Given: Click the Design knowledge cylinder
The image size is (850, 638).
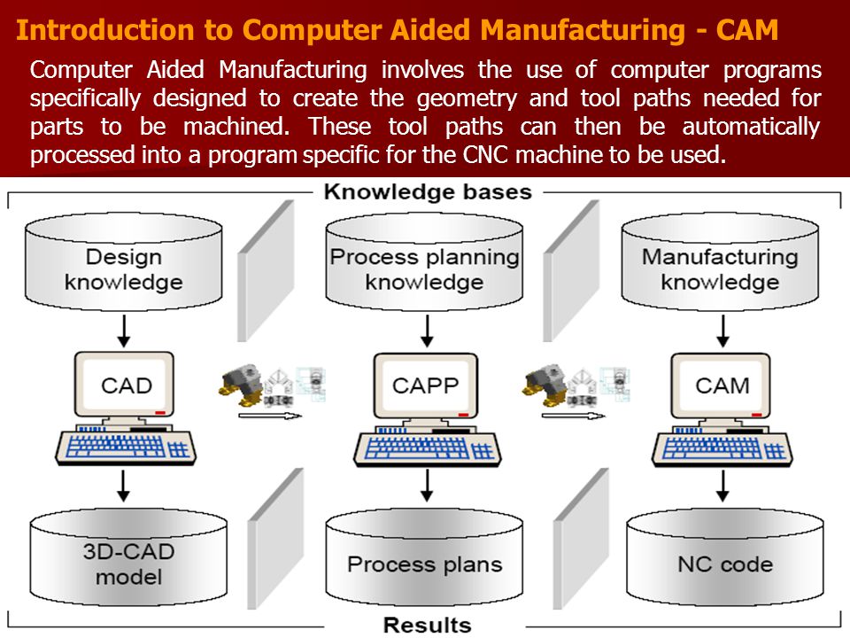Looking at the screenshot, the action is (124, 262).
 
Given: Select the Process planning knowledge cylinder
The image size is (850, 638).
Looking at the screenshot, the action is (424, 262).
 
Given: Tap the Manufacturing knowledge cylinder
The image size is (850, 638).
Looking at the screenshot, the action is (720, 262).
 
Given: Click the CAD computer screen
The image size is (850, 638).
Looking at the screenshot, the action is (124, 385).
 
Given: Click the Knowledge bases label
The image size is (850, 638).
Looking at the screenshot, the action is (428, 192).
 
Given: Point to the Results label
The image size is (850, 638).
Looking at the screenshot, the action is (427, 625).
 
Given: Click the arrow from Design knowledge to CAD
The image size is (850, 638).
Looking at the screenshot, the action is (124, 331).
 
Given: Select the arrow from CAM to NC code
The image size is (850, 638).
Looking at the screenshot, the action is (722, 486).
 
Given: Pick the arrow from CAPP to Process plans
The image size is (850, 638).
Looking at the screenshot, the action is (427, 486).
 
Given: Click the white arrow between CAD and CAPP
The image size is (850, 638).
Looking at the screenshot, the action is (270, 416).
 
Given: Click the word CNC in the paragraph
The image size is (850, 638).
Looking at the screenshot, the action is (486, 155).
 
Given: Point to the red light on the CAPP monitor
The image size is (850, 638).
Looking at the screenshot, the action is (463, 415).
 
